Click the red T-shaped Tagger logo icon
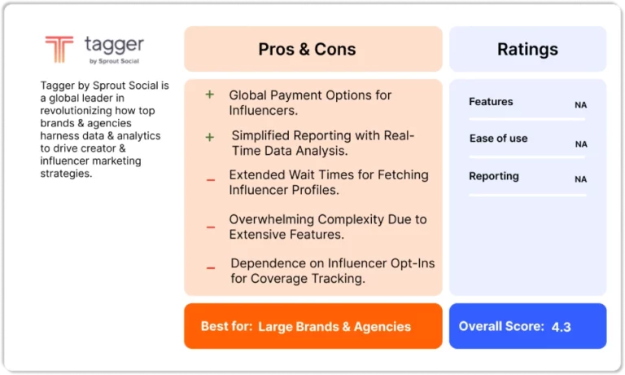pyautogui.click(x=59, y=49)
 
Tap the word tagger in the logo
pyautogui.click(x=114, y=45)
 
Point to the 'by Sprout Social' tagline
pyautogui.click(x=114, y=61)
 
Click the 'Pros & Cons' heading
pyautogui.click(x=307, y=49)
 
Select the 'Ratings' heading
pyautogui.click(x=527, y=49)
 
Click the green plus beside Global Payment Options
pyautogui.click(x=210, y=95)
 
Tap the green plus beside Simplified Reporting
pyautogui.click(x=210, y=138)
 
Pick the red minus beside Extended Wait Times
pyautogui.click(x=211, y=180)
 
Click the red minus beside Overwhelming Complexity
pyautogui.click(x=211, y=227)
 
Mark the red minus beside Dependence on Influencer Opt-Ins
pyautogui.click(x=211, y=268)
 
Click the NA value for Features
pyautogui.click(x=580, y=105)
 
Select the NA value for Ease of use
pyautogui.click(x=581, y=144)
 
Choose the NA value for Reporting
pyautogui.click(x=580, y=179)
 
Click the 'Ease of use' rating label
pyautogui.click(x=498, y=138)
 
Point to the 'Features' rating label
pyautogui.click(x=491, y=101)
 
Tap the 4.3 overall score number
pyautogui.click(x=562, y=327)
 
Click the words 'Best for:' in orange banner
pyautogui.click(x=226, y=326)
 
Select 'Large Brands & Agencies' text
pyautogui.click(x=334, y=327)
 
